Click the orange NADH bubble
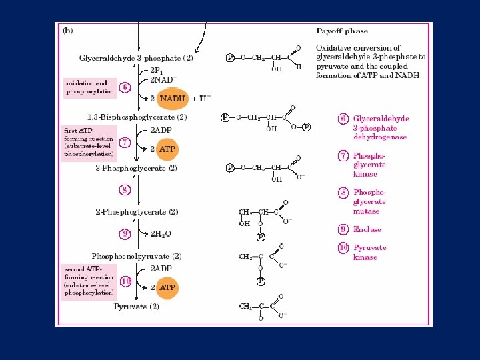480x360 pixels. [172, 98]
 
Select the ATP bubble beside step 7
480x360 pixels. [167, 149]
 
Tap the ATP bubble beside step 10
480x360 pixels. [167, 288]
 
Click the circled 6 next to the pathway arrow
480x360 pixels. [125, 87]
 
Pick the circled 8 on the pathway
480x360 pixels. [125, 190]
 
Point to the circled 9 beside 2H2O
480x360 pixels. [125, 233]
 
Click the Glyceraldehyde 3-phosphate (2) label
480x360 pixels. [136, 58]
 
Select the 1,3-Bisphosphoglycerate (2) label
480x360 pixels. [137, 117]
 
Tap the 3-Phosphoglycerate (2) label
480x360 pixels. [136, 169]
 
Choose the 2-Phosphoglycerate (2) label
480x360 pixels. [137, 212]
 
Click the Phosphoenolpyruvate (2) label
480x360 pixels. [136, 256]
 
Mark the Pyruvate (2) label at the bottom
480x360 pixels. [136, 307]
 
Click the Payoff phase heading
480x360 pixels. [341, 31]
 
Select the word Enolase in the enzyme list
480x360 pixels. [367, 229]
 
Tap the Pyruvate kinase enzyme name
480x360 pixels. [369, 252]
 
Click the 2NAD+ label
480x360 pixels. [163, 80]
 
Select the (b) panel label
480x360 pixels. [68, 30]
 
